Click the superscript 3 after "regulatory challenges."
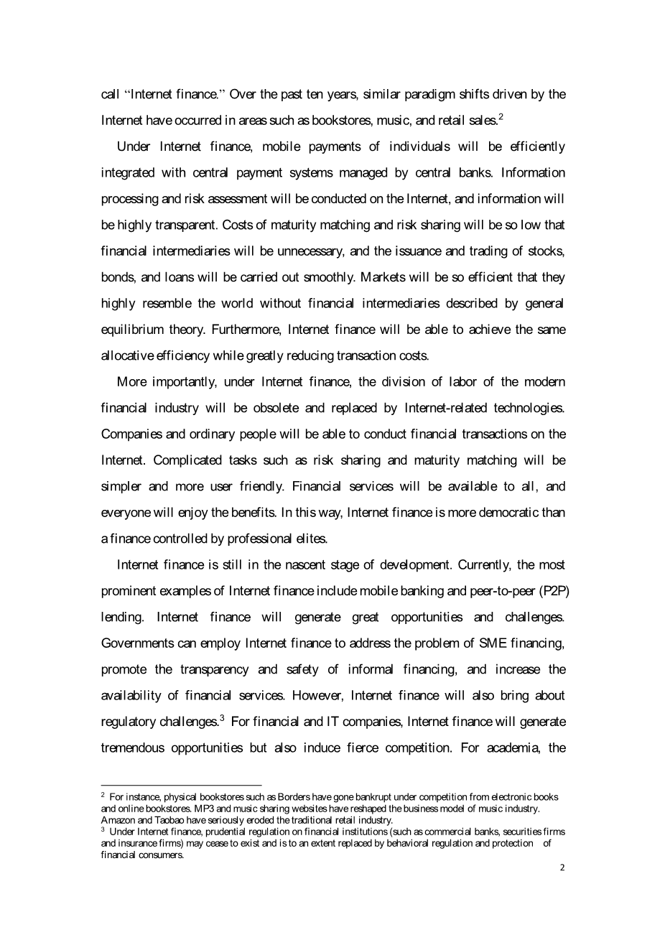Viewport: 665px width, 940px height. pos(223,718)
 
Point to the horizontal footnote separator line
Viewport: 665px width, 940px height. pos(181,786)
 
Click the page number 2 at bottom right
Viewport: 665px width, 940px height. pos(562,867)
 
